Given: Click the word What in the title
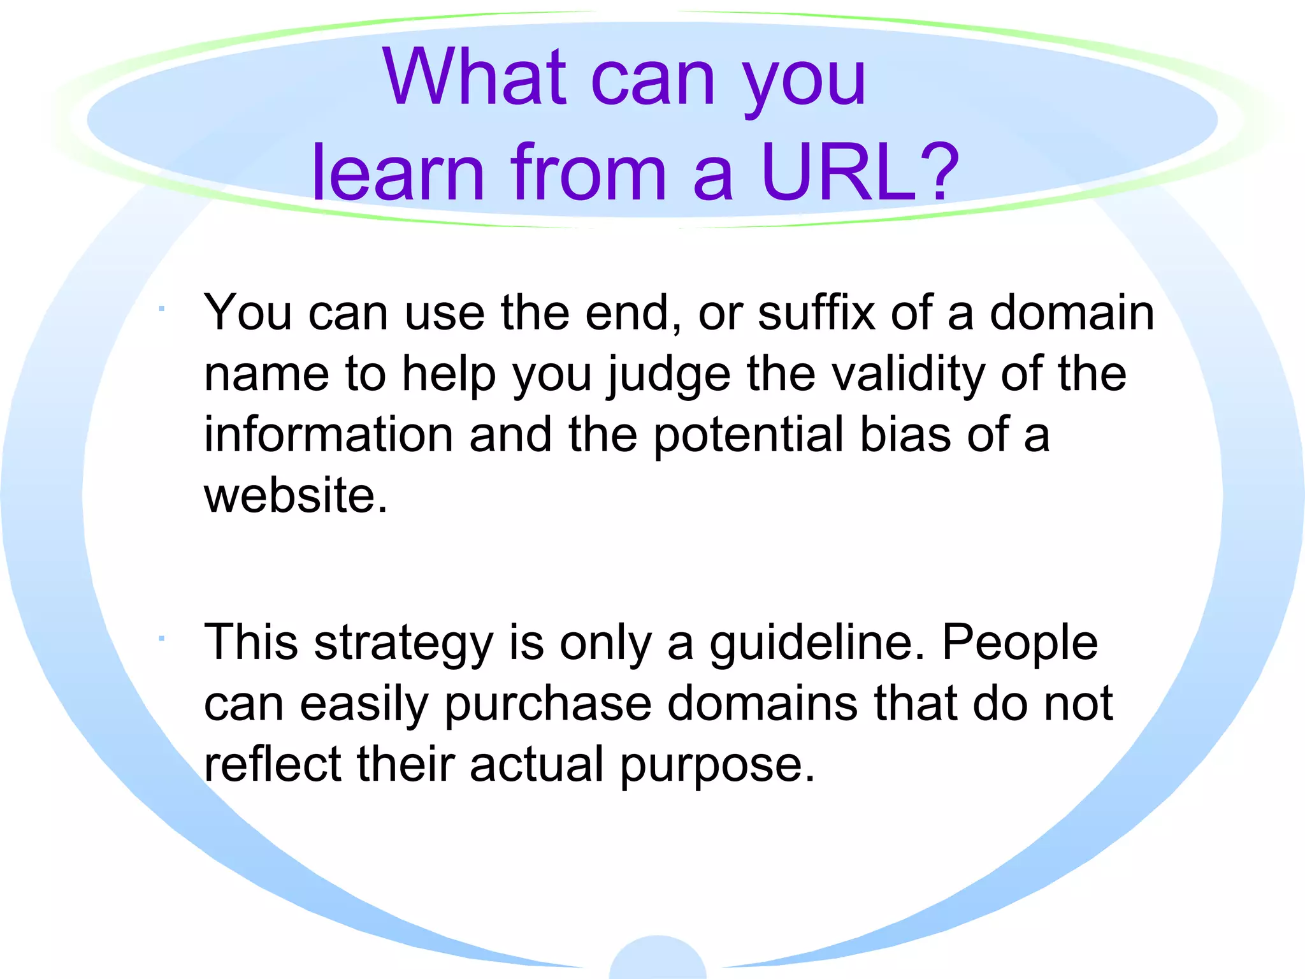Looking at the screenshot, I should tap(474, 78).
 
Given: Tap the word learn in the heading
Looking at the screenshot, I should tap(398, 172).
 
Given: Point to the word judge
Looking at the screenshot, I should tap(669, 376).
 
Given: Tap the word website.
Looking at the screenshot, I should tap(296, 495).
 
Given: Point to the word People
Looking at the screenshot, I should tap(1020, 642).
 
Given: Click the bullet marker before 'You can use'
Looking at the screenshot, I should tap(162, 309).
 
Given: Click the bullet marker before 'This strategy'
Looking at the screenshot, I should tap(162, 638).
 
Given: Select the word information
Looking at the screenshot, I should tap(329, 435).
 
